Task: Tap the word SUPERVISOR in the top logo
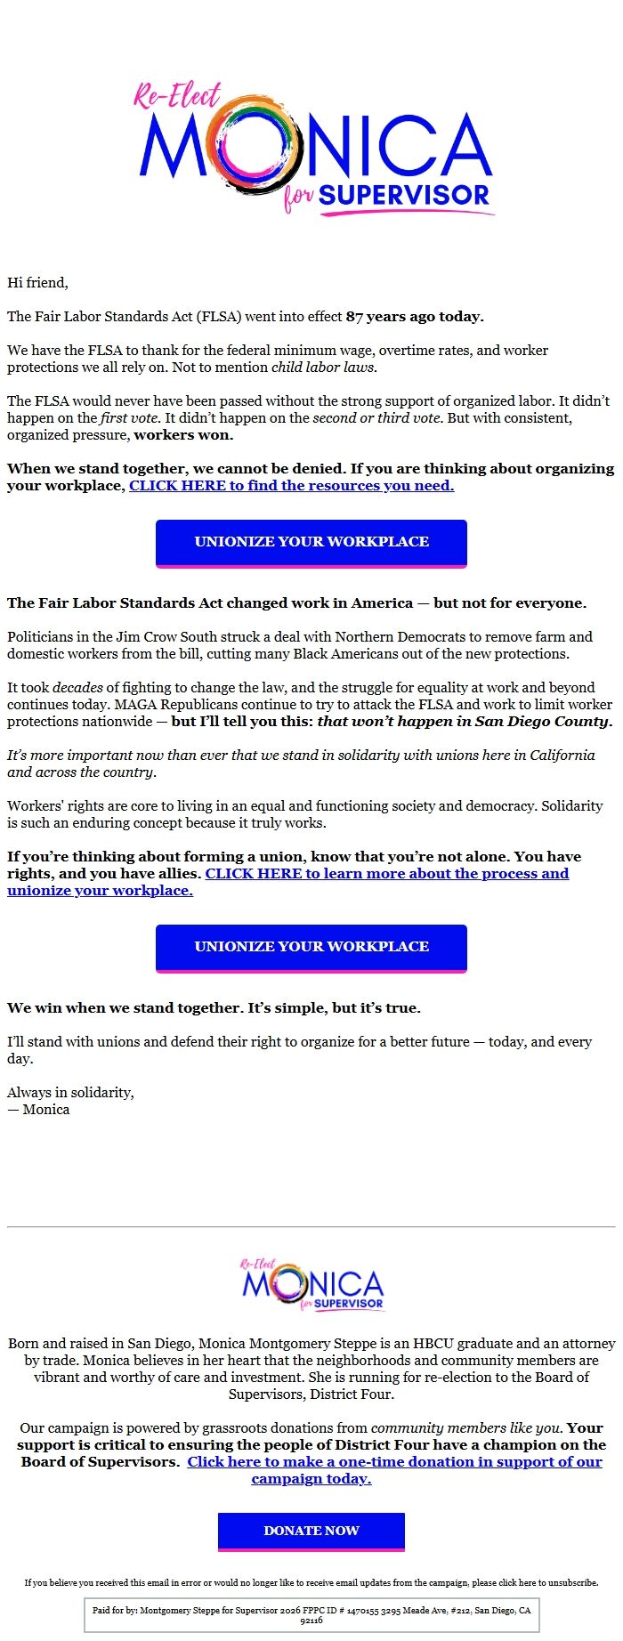[x=404, y=196]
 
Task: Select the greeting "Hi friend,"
[x=37, y=283]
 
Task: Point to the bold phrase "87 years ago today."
[x=415, y=317]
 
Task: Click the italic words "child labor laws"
[x=323, y=368]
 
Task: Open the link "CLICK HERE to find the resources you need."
[x=291, y=486]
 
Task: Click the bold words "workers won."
[x=183, y=435]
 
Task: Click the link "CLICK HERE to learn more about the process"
[x=386, y=874]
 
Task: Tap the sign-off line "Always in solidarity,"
[x=70, y=1093]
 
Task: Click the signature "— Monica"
[x=38, y=1110]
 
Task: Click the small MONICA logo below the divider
[x=311, y=1285]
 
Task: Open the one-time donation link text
[x=394, y=1462]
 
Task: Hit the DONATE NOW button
[x=311, y=1531]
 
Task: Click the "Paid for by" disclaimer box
[x=311, y=1614]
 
